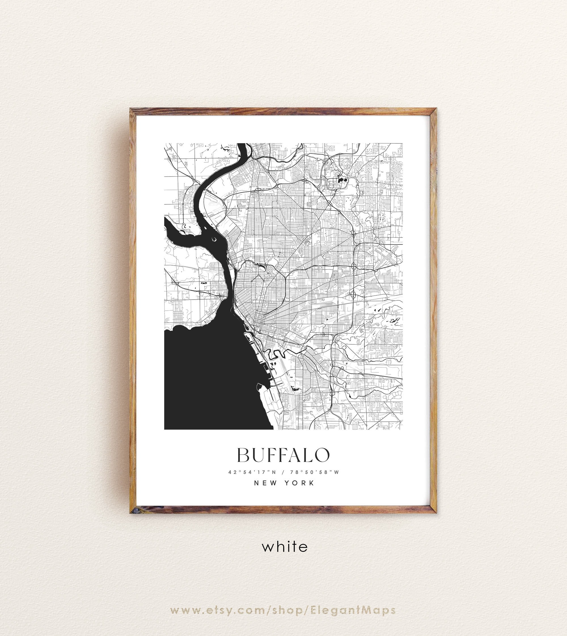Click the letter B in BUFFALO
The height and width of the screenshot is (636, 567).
[244, 455]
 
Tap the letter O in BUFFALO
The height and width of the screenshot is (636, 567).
[322, 455]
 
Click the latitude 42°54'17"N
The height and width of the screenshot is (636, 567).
[253, 472]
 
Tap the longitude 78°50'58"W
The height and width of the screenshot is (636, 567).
[314, 472]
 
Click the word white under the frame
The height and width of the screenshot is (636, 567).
[284, 547]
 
